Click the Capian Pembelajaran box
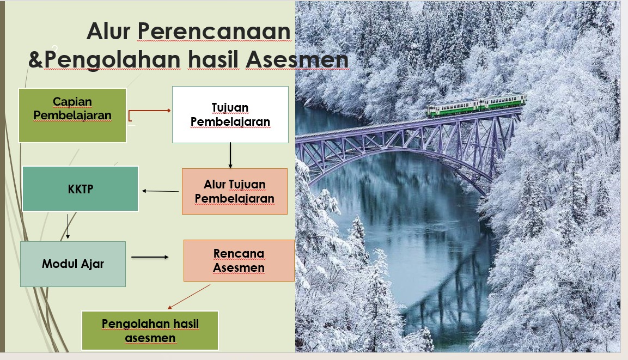[72, 115]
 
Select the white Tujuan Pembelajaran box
[230, 114]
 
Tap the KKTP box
[81, 188]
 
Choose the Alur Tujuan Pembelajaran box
[235, 191]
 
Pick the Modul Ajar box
[73, 264]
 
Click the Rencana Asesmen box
[239, 261]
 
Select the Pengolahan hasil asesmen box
[150, 331]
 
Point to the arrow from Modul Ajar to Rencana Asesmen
[150, 257]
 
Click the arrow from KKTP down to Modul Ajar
[68, 226]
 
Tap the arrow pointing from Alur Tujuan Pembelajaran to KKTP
[161, 191]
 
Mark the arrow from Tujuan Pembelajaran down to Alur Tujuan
[230, 155]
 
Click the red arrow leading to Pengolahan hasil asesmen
[188, 297]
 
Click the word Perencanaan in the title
[214, 31]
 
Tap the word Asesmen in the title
[297, 60]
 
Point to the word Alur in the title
[108, 31]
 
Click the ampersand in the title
[35, 60]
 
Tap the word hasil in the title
[213, 60]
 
